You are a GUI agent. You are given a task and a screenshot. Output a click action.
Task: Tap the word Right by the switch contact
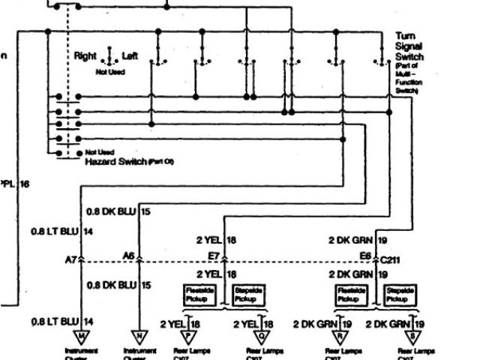pyautogui.click(x=85, y=56)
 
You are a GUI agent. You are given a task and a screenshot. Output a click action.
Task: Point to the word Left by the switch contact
pyautogui.click(x=130, y=56)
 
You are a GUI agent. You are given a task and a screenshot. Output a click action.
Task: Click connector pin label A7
pyautogui.click(x=72, y=259)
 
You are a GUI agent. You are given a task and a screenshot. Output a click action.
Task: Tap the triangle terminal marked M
pyautogui.click(x=80, y=335)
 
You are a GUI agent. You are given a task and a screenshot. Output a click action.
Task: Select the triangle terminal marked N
pyautogui.click(x=139, y=335)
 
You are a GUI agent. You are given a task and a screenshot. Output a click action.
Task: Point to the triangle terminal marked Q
pyautogui.click(x=259, y=335)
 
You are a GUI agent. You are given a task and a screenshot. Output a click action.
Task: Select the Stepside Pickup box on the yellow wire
pyautogui.click(x=248, y=293)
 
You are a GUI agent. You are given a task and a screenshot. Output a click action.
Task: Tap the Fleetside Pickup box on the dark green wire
pyautogui.click(x=350, y=293)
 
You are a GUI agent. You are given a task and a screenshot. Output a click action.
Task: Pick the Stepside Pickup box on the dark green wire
pyautogui.click(x=399, y=293)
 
